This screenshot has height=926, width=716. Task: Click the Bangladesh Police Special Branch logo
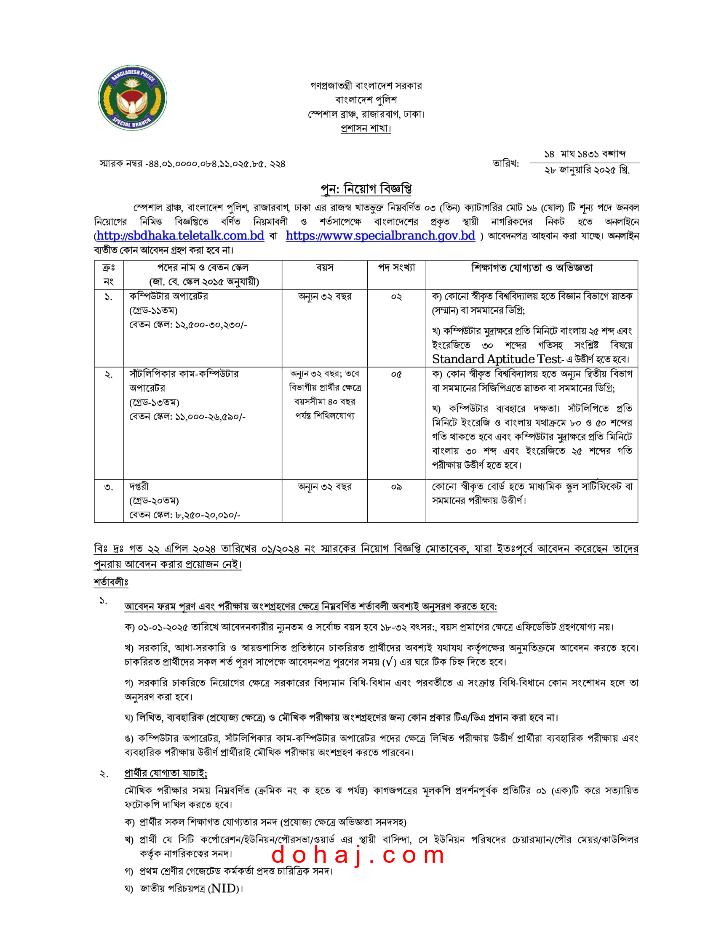[x=132, y=98]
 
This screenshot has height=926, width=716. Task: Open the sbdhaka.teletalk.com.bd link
[x=180, y=236]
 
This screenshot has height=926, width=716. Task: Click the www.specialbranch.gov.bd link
[x=380, y=236]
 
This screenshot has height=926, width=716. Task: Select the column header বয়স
[x=324, y=268]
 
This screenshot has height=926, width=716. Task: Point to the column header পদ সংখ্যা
[x=396, y=268]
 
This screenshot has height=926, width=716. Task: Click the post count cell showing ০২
[x=396, y=297]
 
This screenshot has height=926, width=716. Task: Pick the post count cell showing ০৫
[x=396, y=374]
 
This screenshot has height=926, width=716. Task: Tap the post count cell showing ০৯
[x=396, y=487]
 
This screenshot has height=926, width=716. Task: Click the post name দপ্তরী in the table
[x=139, y=487]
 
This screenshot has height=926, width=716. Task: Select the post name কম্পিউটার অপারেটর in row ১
[x=168, y=296]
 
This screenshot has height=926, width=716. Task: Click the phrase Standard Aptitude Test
[x=497, y=359]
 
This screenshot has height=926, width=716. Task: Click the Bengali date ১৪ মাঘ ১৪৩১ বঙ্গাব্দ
[x=585, y=154]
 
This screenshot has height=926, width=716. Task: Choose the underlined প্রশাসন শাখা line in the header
[x=366, y=128]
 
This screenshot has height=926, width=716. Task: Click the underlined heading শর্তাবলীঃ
[x=111, y=583]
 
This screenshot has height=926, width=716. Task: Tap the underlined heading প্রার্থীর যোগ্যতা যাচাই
[x=166, y=773]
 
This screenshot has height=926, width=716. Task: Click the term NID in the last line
[x=224, y=889]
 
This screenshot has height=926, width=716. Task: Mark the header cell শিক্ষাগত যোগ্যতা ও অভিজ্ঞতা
[x=532, y=268]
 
